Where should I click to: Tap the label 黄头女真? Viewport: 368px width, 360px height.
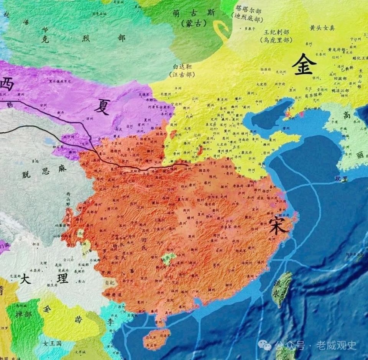point(322,28)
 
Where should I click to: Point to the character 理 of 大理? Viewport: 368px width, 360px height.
point(62,278)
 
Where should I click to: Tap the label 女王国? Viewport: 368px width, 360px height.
point(52,344)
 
